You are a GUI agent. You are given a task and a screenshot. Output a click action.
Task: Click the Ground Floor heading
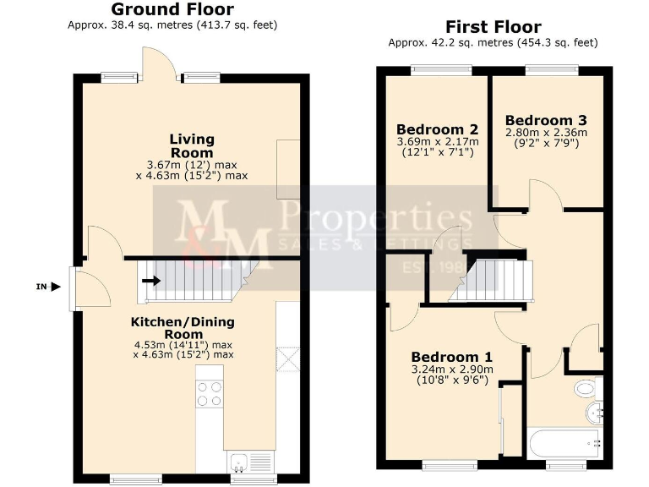[x=172, y=9]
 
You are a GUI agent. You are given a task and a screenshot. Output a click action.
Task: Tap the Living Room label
[x=192, y=145]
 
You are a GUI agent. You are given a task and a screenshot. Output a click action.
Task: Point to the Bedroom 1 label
[x=451, y=357]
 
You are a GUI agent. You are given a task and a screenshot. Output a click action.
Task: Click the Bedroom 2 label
[x=438, y=129]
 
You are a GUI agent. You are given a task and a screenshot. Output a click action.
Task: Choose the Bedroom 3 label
[x=545, y=120]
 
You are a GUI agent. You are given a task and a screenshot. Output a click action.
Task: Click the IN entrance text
[x=41, y=287]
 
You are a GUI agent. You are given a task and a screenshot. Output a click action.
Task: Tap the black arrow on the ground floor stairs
[x=150, y=280]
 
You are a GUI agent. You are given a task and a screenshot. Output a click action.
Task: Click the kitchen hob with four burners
[x=210, y=394]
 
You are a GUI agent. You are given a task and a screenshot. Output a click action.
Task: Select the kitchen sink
[x=239, y=462]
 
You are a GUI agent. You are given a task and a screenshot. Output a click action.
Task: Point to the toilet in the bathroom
[x=585, y=389]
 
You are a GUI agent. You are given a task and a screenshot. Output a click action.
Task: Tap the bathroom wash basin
[x=594, y=413]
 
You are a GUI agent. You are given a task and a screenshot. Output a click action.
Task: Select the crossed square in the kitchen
[x=287, y=361]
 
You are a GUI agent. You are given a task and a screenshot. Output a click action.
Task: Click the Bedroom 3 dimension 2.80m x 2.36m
[x=545, y=133]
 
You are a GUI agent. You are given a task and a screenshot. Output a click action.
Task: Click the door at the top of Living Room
[x=158, y=63]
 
